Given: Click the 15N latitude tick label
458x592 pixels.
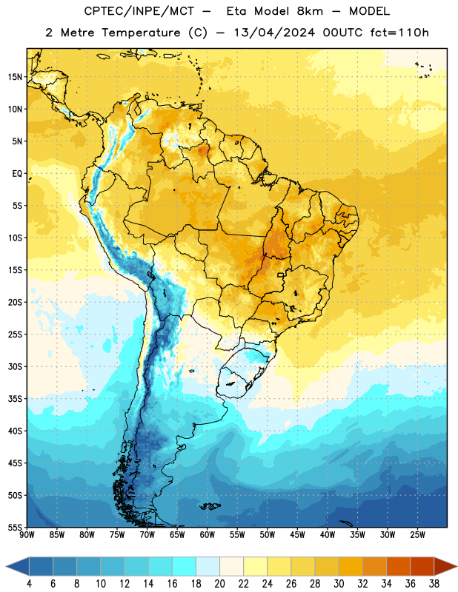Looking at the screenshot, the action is (x=15, y=77).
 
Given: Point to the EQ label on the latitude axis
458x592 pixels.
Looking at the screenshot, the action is (x=17, y=174).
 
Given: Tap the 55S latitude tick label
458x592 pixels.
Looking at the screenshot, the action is (x=15, y=527).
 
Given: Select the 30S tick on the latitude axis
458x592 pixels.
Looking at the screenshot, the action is (x=15, y=366).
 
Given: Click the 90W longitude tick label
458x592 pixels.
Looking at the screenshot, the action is (x=27, y=535).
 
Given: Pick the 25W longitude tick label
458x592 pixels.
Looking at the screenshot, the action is (x=417, y=535).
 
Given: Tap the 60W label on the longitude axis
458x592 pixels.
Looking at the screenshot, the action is (x=208, y=535).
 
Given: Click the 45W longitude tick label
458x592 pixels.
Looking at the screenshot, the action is (x=297, y=535).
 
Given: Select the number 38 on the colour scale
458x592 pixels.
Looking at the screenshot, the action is (x=434, y=584).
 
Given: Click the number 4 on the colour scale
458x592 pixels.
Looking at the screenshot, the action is (x=29, y=584).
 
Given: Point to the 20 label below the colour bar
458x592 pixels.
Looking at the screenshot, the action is (x=219, y=584).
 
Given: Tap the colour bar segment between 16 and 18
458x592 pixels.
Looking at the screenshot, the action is (x=185, y=566).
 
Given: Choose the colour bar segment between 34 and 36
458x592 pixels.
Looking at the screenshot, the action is (x=399, y=566).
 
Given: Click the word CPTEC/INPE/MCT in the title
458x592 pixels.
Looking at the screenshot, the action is (x=139, y=11).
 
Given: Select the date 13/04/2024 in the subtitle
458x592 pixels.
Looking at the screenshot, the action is (x=274, y=33).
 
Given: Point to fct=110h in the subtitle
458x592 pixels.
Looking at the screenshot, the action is (x=399, y=33).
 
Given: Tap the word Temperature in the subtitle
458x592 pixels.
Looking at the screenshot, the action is (x=141, y=33).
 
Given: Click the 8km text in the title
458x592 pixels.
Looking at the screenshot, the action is (x=310, y=11).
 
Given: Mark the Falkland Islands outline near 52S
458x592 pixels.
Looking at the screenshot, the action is (x=210, y=506).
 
